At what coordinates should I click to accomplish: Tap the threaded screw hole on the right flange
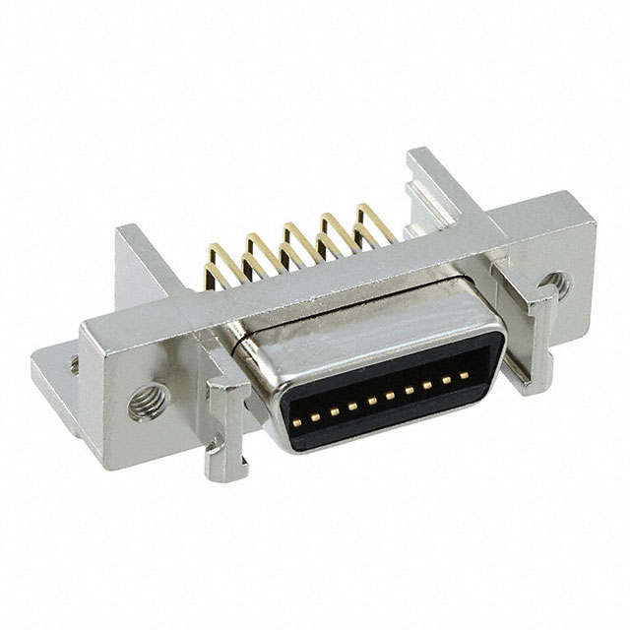point(554,285)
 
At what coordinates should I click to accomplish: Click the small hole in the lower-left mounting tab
point(73,364)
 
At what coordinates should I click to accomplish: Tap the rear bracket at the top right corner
point(433,182)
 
